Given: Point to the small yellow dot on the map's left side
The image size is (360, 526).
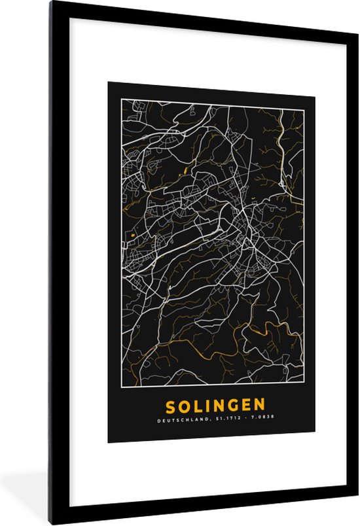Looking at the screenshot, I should [x=132, y=235].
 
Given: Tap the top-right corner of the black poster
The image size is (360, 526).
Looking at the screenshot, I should [x=315, y=83].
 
